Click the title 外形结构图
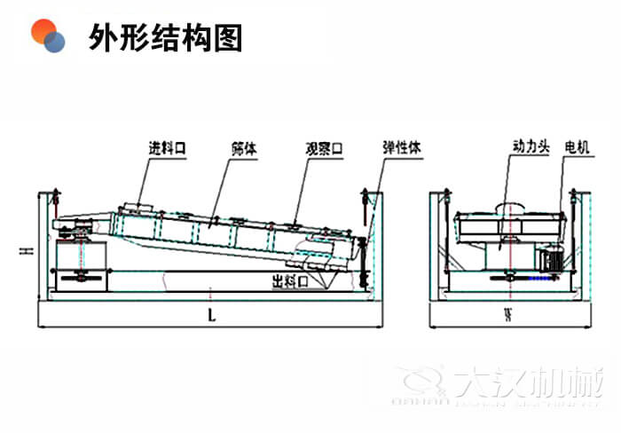click(165, 36)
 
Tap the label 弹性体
click(402, 147)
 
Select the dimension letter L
click(210, 313)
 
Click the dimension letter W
click(510, 313)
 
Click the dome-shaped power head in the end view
click(509, 209)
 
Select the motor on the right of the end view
click(550, 257)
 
